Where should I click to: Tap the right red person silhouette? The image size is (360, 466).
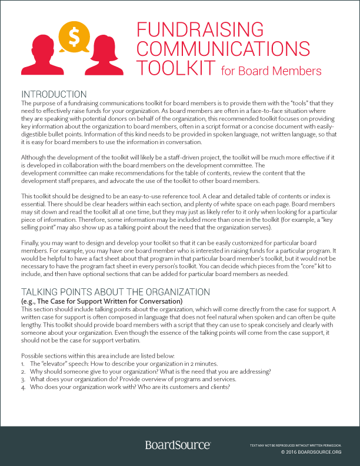tap(104, 61)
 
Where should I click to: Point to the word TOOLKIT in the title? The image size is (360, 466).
tap(176, 68)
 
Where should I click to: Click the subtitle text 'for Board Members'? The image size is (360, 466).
tap(271, 71)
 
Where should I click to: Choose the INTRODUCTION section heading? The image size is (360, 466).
tap(54, 94)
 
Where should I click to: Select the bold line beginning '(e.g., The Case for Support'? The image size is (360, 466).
tap(102, 301)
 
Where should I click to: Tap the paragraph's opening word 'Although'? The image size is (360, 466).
tap(36, 158)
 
